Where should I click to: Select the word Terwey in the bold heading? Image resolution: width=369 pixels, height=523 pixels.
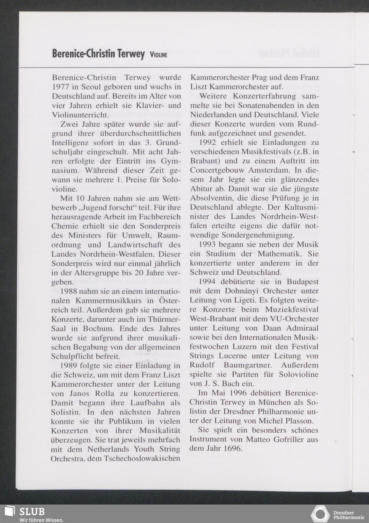pos(131,54)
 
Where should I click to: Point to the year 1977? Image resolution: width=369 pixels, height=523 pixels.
pos(60,87)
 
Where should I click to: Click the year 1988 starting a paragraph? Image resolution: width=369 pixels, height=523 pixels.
pos(69,291)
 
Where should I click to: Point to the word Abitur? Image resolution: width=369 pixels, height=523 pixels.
pos(201,189)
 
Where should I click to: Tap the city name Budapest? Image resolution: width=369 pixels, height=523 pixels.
pos(303,282)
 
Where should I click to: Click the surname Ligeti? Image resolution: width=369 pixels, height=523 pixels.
pos(248,300)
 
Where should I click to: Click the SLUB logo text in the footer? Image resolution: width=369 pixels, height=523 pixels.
pos(32,511)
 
